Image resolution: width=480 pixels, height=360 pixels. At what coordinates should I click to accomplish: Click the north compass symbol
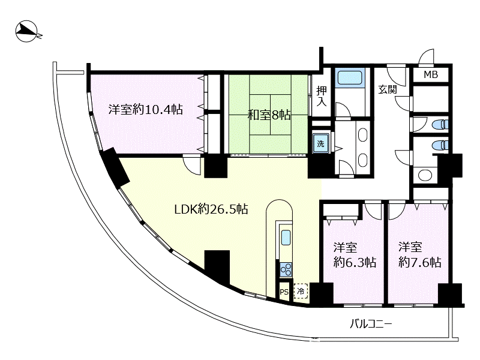27,31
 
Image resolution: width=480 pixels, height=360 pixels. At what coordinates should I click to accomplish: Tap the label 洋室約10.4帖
145,110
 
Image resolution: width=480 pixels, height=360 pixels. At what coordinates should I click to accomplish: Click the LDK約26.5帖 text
211,209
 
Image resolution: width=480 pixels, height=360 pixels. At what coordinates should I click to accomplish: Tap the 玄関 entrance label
388,90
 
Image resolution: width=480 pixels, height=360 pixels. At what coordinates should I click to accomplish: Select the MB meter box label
430,75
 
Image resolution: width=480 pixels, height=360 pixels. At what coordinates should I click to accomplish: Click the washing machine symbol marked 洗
320,143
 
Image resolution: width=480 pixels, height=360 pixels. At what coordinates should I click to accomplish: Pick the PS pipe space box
284,292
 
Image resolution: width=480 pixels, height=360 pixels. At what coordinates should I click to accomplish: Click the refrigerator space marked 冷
301,292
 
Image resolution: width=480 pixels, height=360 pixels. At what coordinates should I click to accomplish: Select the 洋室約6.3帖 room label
355,255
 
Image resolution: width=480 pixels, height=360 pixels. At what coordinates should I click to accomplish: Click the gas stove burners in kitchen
286,269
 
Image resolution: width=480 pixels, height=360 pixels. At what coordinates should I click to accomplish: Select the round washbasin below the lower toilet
425,175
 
